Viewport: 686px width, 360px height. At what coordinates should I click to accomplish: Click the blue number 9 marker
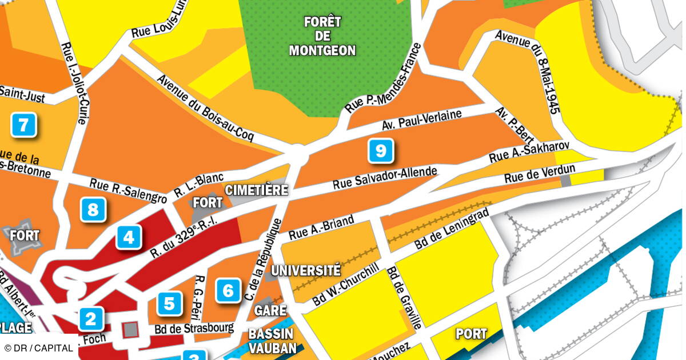(x=381, y=151)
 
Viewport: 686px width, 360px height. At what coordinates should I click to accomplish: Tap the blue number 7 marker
(x=23, y=125)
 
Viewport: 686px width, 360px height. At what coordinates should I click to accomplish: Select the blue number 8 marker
(x=93, y=210)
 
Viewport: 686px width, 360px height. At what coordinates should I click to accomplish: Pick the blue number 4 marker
(x=129, y=237)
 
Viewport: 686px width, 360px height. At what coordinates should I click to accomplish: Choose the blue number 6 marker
(x=169, y=303)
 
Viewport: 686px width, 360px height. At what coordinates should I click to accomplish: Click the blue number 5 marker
(x=228, y=291)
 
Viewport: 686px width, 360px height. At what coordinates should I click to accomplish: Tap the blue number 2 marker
(x=91, y=319)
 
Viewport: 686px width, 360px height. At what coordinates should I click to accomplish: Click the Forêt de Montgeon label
(x=322, y=37)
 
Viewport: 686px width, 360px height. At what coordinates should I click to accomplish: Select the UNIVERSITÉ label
(x=305, y=270)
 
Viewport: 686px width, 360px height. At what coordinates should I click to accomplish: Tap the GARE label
(x=270, y=310)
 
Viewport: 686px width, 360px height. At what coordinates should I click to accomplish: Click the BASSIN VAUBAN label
(x=272, y=341)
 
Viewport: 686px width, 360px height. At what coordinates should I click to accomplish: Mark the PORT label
(x=471, y=334)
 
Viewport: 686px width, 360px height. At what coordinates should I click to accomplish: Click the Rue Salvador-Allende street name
(x=385, y=178)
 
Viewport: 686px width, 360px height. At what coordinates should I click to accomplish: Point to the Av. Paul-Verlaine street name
(x=421, y=120)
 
